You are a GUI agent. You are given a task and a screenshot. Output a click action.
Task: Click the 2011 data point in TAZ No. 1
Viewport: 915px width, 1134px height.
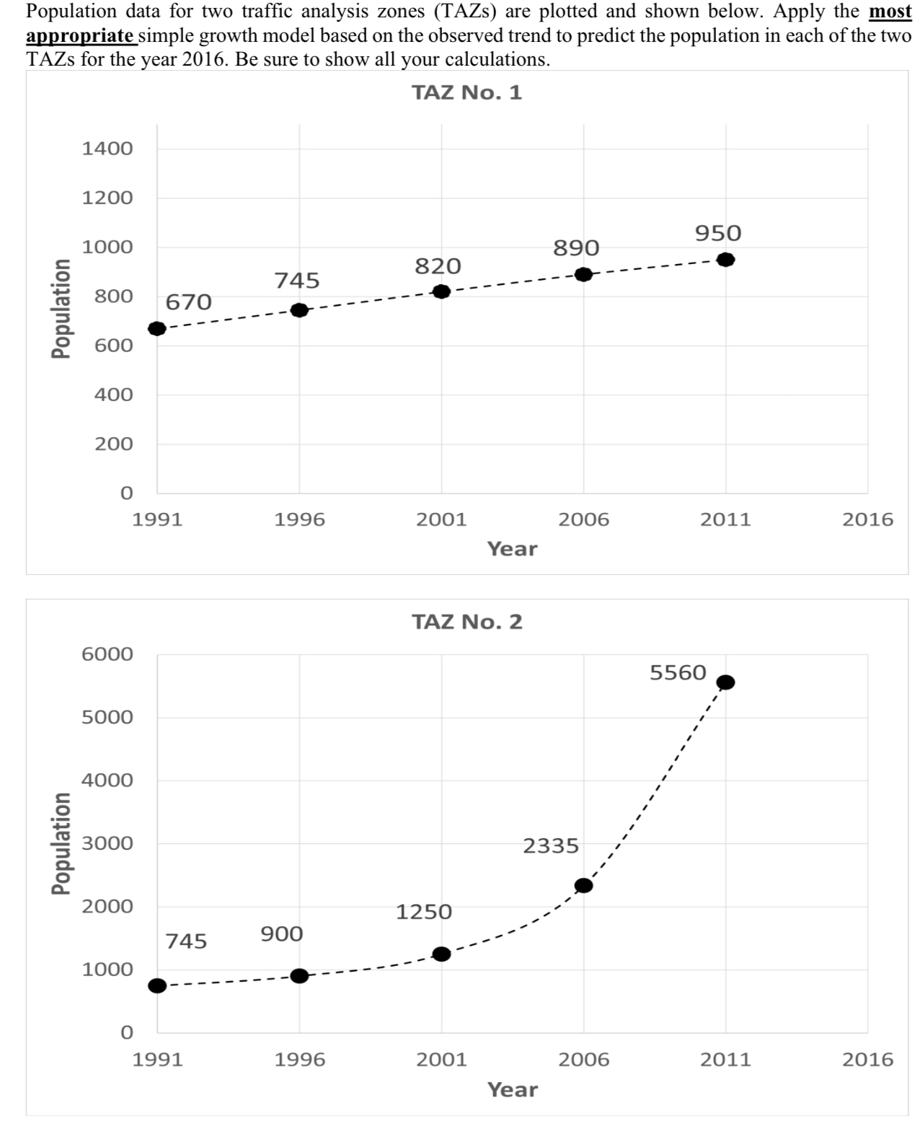(725, 260)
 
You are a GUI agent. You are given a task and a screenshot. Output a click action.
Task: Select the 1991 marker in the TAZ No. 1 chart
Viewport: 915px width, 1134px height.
(157, 328)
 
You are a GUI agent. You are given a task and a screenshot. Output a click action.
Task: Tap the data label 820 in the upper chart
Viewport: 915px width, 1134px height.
(438, 266)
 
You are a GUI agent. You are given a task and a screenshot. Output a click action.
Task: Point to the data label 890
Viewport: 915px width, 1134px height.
(576, 248)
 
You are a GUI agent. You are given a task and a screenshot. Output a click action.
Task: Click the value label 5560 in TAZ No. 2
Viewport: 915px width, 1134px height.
(678, 673)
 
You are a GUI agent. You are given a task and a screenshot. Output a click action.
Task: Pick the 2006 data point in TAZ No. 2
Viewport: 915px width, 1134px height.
(583, 885)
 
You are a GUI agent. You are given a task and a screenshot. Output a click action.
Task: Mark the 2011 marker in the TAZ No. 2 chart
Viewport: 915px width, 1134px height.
(725, 682)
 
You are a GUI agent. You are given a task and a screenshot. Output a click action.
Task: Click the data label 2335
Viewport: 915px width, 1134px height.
(551, 845)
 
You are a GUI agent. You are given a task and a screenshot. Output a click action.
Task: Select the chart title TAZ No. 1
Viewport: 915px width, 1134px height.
(467, 93)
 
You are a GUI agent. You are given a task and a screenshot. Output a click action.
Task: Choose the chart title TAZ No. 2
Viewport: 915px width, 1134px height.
(467, 622)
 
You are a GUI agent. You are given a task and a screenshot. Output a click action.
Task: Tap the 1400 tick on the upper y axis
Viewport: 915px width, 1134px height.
(107, 149)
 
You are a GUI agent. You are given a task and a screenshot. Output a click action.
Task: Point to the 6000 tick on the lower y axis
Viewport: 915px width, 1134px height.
(107, 654)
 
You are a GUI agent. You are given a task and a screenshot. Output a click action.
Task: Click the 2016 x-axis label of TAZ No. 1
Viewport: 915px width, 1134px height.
(867, 519)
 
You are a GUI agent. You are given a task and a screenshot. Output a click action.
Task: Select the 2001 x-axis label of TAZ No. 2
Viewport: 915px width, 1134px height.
(441, 1060)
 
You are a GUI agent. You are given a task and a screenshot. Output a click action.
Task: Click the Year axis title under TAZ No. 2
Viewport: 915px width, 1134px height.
(512, 1089)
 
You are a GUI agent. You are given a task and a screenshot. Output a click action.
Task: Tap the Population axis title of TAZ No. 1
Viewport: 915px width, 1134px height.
(63, 308)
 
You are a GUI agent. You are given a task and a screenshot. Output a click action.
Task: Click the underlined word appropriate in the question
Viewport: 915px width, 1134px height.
(79, 36)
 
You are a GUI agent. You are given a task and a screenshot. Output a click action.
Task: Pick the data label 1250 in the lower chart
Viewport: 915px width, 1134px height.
(424, 912)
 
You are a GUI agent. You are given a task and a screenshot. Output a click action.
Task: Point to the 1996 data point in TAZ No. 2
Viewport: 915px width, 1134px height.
(299, 976)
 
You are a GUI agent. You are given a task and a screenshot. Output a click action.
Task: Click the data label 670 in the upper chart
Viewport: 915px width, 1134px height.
(189, 302)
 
